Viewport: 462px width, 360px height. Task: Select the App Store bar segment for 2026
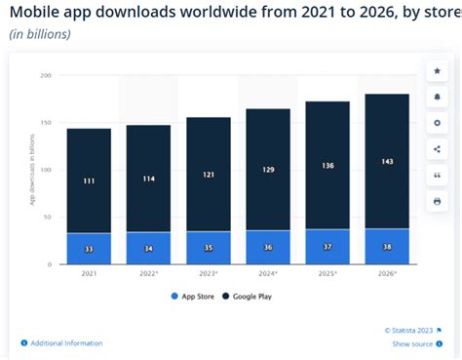(x=386, y=247)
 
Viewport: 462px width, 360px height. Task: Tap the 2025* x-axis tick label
(x=328, y=274)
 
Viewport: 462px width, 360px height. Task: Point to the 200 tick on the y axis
(x=46, y=75)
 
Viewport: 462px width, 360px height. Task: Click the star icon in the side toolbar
(x=436, y=72)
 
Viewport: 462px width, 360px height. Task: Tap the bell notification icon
(x=436, y=98)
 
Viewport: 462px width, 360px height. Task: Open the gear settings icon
(x=436, y=124)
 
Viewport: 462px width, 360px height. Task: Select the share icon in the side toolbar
(x=436, y=149)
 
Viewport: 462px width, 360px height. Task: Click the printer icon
(x=436, y=201)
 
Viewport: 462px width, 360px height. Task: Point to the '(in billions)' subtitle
(x=40, y=34)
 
